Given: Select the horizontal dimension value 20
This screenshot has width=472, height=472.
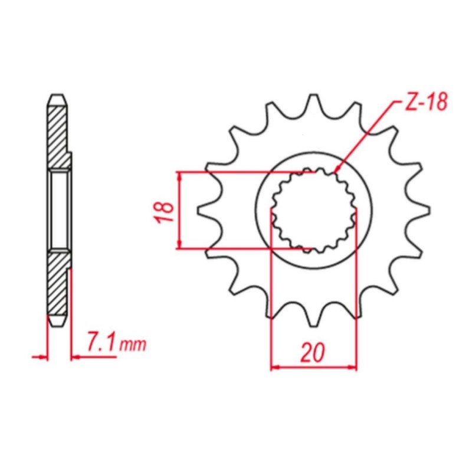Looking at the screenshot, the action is click(x=313, y=352).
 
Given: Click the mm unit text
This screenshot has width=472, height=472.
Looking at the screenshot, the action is click(x=133, y=345).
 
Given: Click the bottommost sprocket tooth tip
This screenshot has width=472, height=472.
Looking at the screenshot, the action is click(x=313, y=326).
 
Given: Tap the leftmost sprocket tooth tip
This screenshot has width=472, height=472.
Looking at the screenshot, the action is click(x=198, y=211).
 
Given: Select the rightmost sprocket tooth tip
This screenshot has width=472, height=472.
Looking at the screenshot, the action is click(x=429, y=211).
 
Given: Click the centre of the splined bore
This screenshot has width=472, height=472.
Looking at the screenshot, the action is click(x=314, y=210).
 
